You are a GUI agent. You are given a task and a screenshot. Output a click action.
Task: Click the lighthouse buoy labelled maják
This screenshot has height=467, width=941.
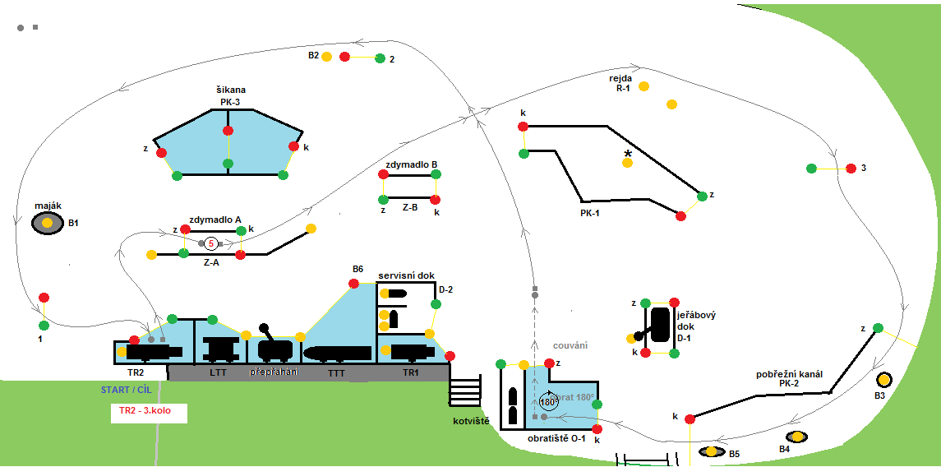pyautogui.click(x=48, y=223)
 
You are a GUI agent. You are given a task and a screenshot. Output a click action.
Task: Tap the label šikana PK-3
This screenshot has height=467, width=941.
pyautogui.click(x=229, y=96)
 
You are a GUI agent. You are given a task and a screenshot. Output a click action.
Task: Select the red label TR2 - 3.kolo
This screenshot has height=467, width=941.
pyautogui.click(x=149, y=412)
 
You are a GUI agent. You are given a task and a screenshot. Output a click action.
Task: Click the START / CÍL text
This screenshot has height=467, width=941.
pyautogui.click(x=126, y=390)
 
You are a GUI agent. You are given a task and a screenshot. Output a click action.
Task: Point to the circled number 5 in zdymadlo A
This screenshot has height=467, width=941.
pyautogui.click(x=211, y=243)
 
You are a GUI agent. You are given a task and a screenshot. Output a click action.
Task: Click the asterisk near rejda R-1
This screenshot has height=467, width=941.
pyautogui.click(x=628, y=154)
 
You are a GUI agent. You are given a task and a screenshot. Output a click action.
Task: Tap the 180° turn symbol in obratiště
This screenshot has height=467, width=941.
pyautogui.click(x=548, y=402)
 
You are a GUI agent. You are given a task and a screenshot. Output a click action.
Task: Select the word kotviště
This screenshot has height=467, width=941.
pyautogui.click(x=471, y=421)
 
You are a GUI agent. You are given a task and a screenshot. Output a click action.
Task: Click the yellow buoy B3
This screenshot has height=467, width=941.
pyautogui.click(x=884, y=380)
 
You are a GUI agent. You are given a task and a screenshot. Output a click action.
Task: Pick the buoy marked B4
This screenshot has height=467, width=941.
pyautogui.click(x=796, y=437)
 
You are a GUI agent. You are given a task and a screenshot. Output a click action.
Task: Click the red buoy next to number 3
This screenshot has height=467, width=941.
pyautogui.click(x=851, y=169)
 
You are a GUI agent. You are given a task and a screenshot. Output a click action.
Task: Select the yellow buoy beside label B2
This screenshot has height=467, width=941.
pyautogui.click(x=327, y=57)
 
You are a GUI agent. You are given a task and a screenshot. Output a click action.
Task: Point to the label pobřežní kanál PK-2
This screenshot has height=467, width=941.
pyautogui.click(x=788, y=379)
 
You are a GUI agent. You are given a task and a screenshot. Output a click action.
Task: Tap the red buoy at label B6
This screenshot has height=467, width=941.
pyautogui.click(x=353, y=284)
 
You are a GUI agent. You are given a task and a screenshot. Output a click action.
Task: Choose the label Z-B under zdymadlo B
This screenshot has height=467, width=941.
pyautogui.click(x=409, y=208)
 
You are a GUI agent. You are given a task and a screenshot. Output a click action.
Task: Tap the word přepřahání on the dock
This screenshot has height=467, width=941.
pyautogui.click(x=275, y=372)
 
